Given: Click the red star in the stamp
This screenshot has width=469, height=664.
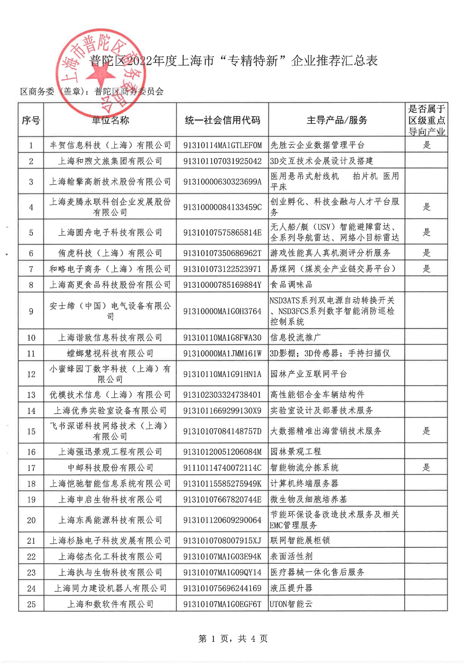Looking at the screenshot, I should [101, 74].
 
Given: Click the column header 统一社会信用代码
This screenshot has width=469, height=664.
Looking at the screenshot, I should [222, 120].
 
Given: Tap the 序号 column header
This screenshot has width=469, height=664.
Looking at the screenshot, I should [31, 120].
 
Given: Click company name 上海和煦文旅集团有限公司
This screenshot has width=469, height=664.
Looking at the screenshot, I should [110, 161].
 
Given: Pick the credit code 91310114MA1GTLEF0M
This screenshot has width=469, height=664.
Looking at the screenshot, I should [222, 145].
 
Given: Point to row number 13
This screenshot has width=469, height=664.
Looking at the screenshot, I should [31, 395].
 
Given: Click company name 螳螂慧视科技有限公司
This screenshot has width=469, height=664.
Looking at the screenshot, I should [110, 353].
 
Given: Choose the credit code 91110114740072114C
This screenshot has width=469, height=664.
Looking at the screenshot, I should [222, 468].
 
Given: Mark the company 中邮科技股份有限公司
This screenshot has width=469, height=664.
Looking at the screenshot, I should [110, 468].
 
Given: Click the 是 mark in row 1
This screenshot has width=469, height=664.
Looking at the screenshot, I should [427, 145].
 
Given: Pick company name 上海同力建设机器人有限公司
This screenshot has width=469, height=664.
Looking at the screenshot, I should [110, 588].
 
